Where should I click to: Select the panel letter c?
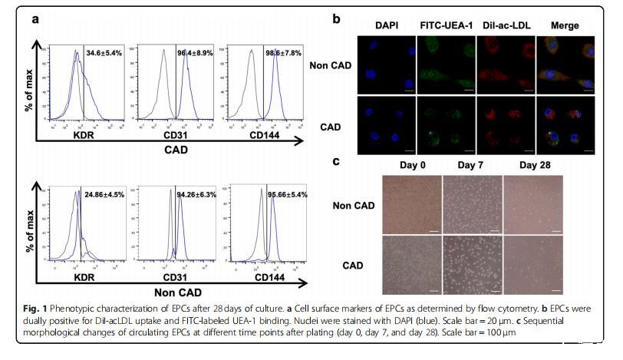tap(336, 161)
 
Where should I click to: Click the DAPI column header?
tap(387, 26)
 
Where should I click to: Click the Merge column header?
tap(564, 26)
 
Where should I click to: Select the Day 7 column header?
tap(472, 165)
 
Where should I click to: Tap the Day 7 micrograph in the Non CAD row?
tap(472, 204)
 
